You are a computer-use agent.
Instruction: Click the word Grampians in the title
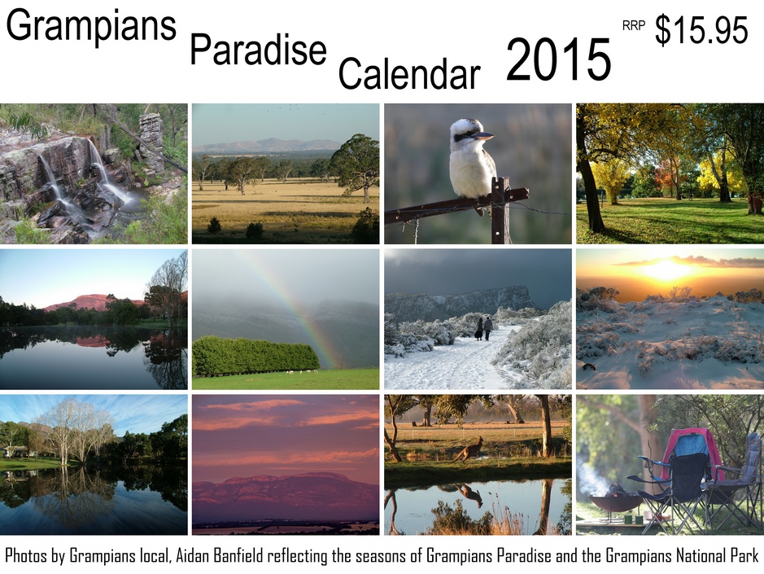pyautogui.click(x=90, y=27)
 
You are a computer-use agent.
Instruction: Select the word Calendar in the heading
pyautogui.click(x=409, y=73)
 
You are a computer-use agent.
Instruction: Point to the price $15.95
pyautogui.click(x=701, y=30)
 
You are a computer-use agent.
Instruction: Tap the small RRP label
pyautogui.click(x=634, y=26)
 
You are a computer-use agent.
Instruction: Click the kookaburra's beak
pyautogui.click(x=484, y=136)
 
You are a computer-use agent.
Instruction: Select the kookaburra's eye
pyautogui.click(x=468, y=134)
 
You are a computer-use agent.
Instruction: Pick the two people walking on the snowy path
pyautogui.click(x=483, y=329)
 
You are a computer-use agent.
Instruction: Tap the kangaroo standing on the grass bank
pyautogui.click(x=468, y=450)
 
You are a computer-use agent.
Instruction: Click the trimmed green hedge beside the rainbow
pyautogui.click(x=255, y=356)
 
